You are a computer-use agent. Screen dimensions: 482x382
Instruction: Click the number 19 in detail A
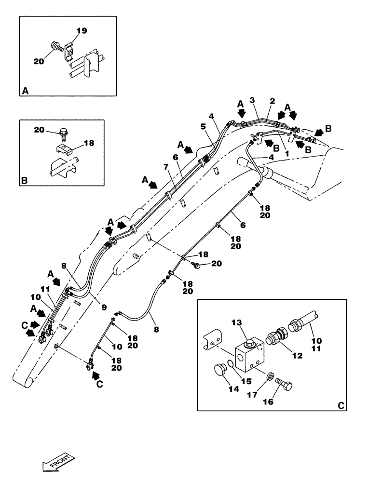(x=81, y=31)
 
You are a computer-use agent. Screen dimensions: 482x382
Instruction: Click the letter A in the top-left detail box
(x=25, y=90)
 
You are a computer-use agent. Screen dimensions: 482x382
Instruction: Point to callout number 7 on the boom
(x=165, y=167)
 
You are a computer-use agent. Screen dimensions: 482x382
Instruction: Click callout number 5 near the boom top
(x=203, y=127)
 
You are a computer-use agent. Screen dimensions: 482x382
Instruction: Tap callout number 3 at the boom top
(x=251, y=100)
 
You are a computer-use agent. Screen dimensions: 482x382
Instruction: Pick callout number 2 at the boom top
(x=272, y=101)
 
